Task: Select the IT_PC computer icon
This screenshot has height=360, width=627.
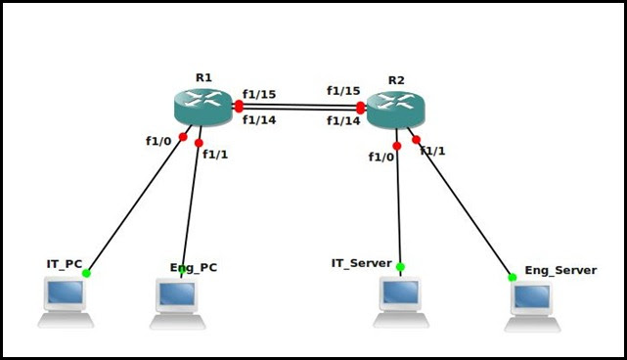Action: pyautogui.click(x=66, y=301)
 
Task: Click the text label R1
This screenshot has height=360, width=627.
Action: pyautogui.click(x=203, y=77)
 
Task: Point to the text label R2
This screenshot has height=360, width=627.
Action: pyautogui.click(x=396, y=80)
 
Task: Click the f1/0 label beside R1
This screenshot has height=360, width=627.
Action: pyautogui.click(x=158, y=141)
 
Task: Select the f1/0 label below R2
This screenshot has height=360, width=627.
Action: pyautogui.click(x=382, y=157)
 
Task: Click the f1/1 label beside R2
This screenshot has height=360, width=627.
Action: pyautogui.click(x=432, y=151)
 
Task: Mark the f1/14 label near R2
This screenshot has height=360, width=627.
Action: pyautogui.click(x=343, y=120)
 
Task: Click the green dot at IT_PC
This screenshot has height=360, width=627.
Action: pyautogui.click(x=87, y=273)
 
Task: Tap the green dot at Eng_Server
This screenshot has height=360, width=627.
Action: pyautogui.click(x=512, y=277)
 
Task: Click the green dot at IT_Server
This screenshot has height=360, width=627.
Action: pyautogui.click(x=400, y=266)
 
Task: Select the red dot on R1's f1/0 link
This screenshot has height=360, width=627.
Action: pyautogui.click(x=183, y=137)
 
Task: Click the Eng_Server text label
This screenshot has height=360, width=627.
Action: pyautogui.click(x=560, y=270)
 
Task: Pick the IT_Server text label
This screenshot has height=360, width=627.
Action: pyautogui.click(x=361, y=263)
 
